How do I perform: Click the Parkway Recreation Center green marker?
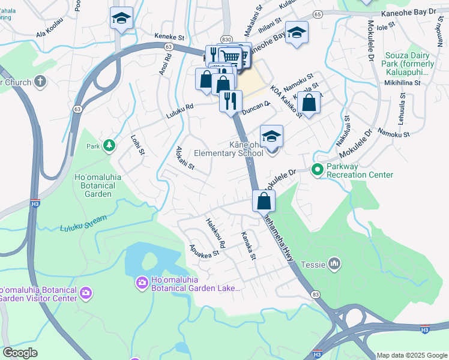coord(317,170)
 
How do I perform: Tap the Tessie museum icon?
coord(335,263)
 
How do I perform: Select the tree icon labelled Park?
coord(109,146)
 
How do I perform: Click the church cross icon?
coord(40,81)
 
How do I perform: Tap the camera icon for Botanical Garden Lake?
coord(142,282)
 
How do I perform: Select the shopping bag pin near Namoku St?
coord(309,103)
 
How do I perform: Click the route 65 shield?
coord(318,13)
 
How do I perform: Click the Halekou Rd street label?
coord(215,233)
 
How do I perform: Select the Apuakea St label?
coord(204,250)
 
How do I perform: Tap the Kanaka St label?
coord(249,246)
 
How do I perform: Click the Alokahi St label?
coord(185,158)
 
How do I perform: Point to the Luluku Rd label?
coord(180,107)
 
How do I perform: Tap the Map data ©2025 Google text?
coord(411,355)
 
